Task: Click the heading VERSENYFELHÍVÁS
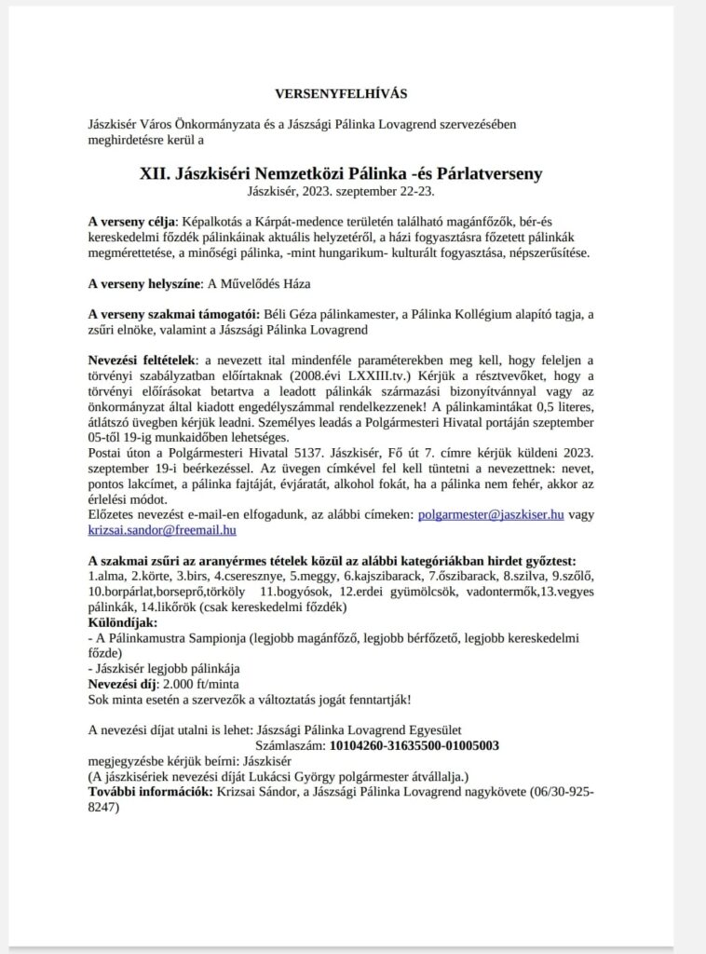tap(341, 94)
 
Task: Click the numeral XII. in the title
tap(156, 173)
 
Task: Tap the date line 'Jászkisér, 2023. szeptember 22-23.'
tap(341, 191)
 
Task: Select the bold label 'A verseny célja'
tap(131, 223)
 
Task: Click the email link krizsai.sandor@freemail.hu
tap(162, 529)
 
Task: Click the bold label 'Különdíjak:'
tap(123, 621)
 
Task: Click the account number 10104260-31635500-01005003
tap(414, 745)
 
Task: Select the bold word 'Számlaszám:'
tap(290, 745)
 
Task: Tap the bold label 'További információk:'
tap(150, 792)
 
